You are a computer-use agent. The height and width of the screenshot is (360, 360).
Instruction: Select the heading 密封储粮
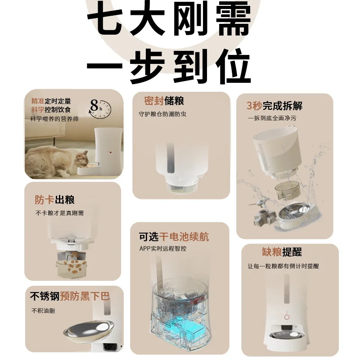point(164,100)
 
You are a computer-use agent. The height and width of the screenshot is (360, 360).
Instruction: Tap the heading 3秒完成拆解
point(274,106)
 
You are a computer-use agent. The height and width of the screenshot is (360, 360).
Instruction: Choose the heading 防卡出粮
point(55,200)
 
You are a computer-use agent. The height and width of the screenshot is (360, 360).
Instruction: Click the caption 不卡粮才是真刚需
point(59,213)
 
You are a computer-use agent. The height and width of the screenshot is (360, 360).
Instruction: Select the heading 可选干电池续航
point(174,237)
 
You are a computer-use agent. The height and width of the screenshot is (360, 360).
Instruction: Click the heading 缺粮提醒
point(282,252)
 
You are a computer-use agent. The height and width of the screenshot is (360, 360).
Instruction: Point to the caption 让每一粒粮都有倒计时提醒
point(283,266)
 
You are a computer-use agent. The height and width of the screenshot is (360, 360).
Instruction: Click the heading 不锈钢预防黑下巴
point(70,296)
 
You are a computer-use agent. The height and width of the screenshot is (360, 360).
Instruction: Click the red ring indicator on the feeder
point(287,317)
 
